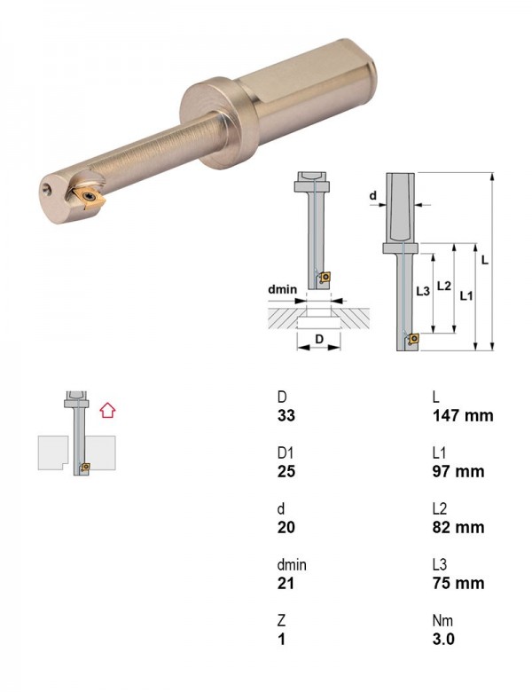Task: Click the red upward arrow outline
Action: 107,410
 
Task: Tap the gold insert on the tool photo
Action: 90,197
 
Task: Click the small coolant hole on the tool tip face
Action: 47,190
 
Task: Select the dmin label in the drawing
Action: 283,289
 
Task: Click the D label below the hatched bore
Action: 319,339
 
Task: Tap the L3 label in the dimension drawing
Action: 423,291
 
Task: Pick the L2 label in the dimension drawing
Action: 443,286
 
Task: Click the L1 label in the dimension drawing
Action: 466,295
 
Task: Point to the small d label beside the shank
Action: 373,195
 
